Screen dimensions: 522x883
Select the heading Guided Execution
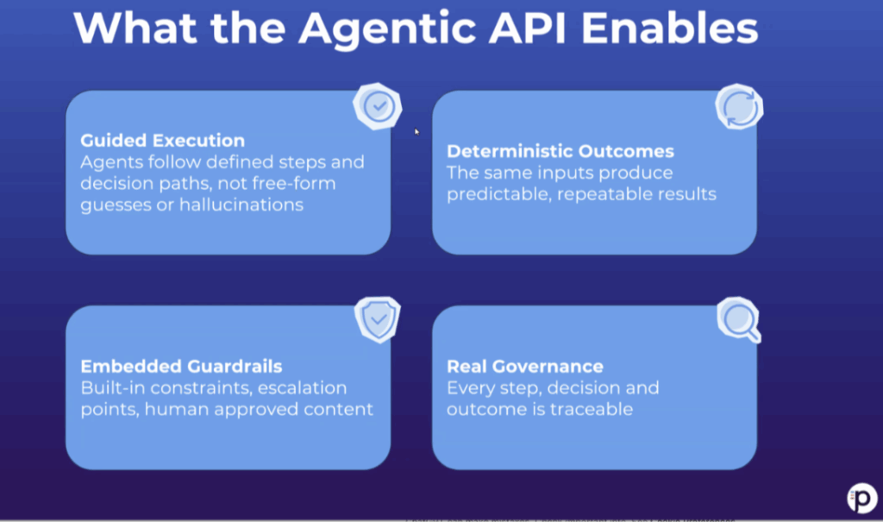pos(162,141)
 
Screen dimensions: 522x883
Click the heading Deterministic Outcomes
pos(560,152)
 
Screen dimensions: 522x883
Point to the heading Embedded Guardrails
pos(181,366)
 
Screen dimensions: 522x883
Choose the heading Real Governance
pos(524,367)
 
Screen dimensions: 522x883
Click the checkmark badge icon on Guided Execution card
pos(377,106)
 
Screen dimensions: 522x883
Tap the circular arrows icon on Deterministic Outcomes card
pos(739,109)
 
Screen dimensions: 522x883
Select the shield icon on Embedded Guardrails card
pos(379,321)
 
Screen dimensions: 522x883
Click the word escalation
pos(299,387)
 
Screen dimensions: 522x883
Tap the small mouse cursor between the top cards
pos(416,132)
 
